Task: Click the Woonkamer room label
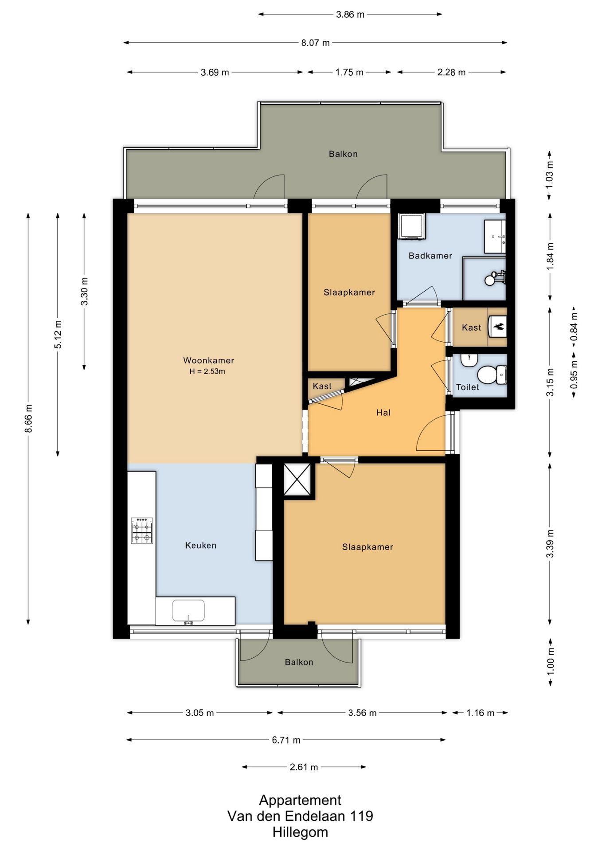coord(208,360)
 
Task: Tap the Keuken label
coord(201,545)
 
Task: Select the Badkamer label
coord(430,255)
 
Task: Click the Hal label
coord(383,412)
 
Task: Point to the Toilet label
coord(468,387)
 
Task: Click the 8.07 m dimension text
coord(316,43)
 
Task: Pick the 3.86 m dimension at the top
coord(350,14)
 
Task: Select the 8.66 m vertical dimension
coord(28,418)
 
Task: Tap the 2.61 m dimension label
coord(304,767)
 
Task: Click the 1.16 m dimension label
coord(480,713)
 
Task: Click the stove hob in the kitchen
coord(142,531)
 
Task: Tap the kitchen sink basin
coord(188,611)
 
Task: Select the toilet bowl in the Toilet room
coord(491,375)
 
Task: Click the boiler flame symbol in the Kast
coord(498,327)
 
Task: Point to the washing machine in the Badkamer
coord(412,226)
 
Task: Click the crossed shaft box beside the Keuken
coord(297,479)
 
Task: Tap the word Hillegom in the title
coord(300,832)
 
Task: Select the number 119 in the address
coord(362,816)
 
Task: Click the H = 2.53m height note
coord(207,371)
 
